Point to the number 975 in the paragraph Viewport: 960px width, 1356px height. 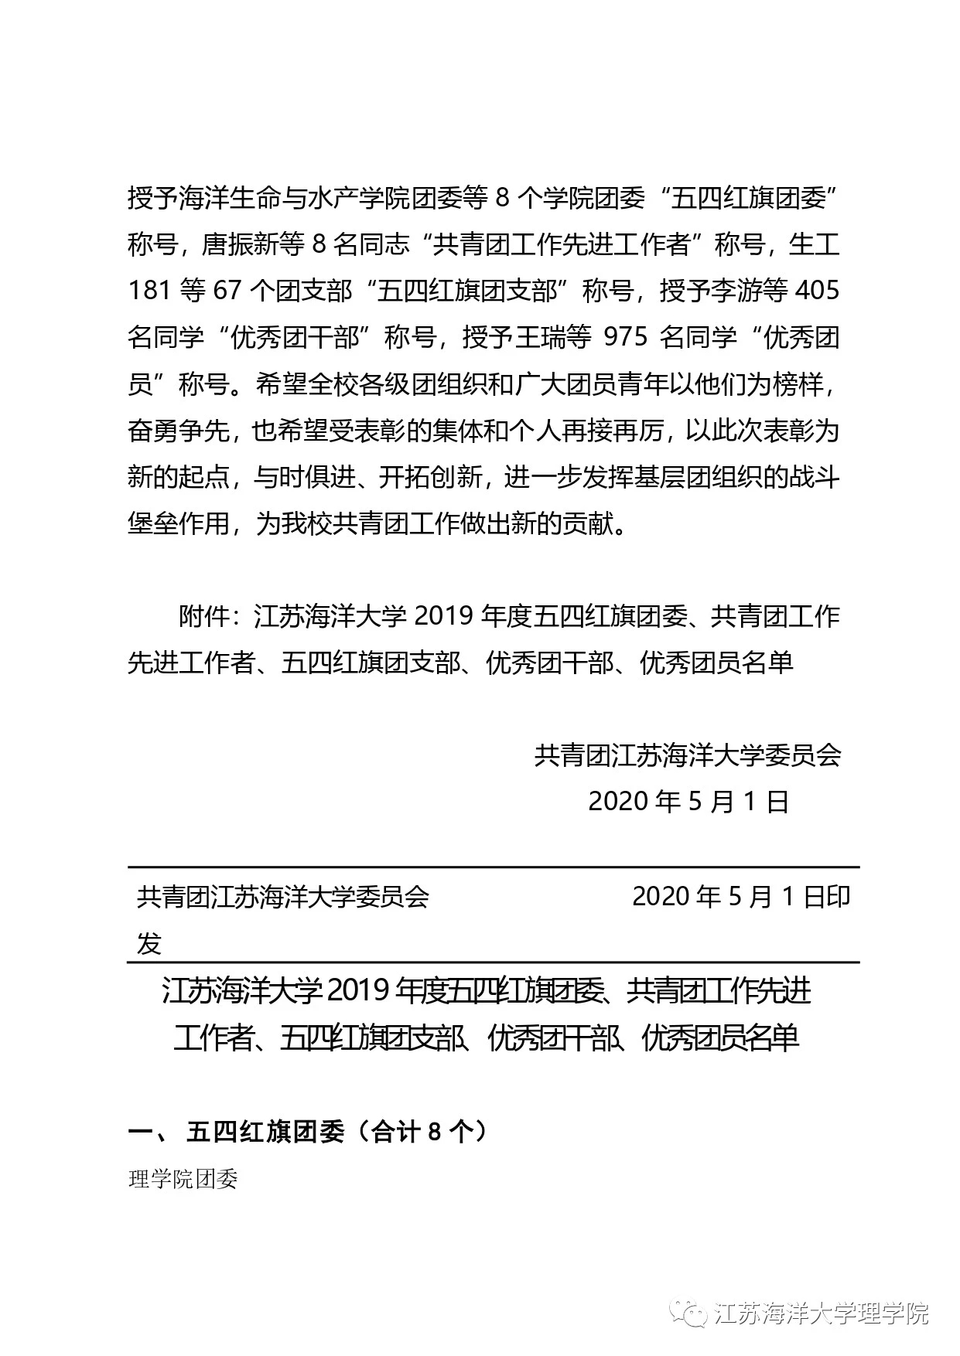[x=625, y=338]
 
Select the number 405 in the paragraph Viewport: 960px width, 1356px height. [x=817, y=291]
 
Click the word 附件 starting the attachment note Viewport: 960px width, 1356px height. [x=204, y=616]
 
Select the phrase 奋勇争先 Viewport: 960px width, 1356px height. [x=178, y=431]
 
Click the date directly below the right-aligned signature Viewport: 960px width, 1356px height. [x=688, y=802]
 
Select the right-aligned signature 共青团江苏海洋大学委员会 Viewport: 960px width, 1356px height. [x=687, y=755]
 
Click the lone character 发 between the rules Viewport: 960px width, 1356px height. [x=149, y=943]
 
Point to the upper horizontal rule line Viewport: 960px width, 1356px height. [x=493, y=867]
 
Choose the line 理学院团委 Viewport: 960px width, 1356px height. [x=183, y=1180]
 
